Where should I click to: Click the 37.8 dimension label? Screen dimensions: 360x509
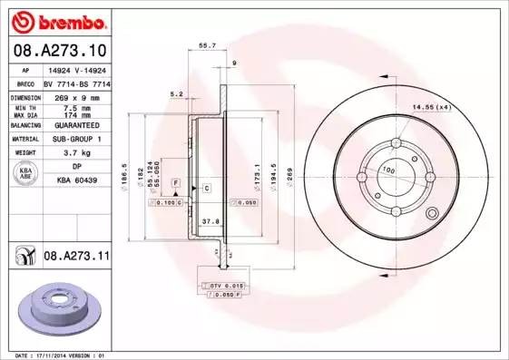coord(208,220)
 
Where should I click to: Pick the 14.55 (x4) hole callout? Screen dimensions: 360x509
coord(432,108)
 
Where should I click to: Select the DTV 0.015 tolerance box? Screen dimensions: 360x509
coord(216,285)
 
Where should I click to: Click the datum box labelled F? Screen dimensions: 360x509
coord(175,184)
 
